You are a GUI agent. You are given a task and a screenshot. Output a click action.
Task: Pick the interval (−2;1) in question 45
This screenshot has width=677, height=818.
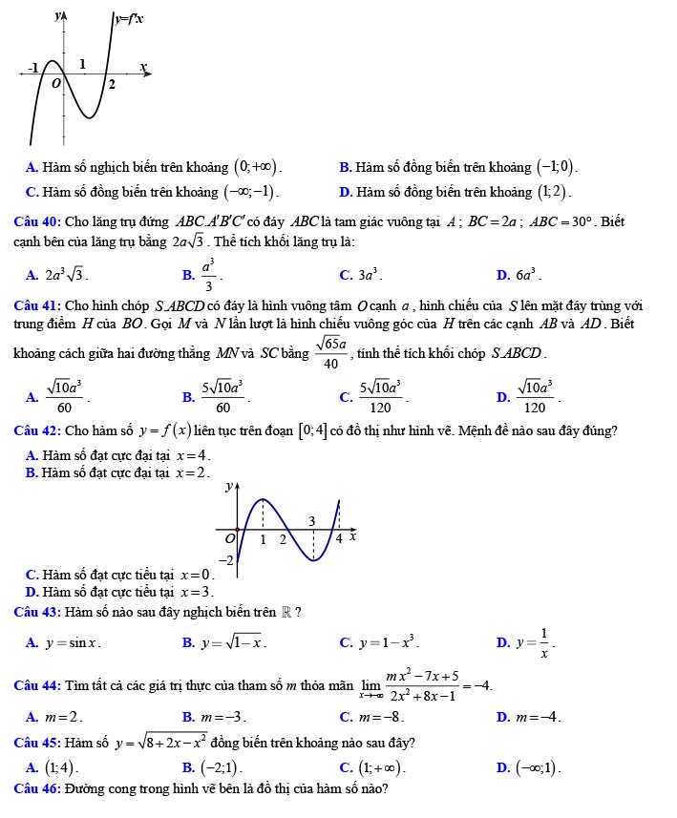click(x=222, y=766)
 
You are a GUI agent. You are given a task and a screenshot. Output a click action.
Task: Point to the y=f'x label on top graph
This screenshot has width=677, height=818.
click(x=129, y=18)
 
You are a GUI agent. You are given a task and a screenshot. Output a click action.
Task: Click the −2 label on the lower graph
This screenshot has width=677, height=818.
click(x=226, y=557)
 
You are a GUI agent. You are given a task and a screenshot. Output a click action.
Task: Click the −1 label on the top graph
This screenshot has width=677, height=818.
click(x=34, y=69)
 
